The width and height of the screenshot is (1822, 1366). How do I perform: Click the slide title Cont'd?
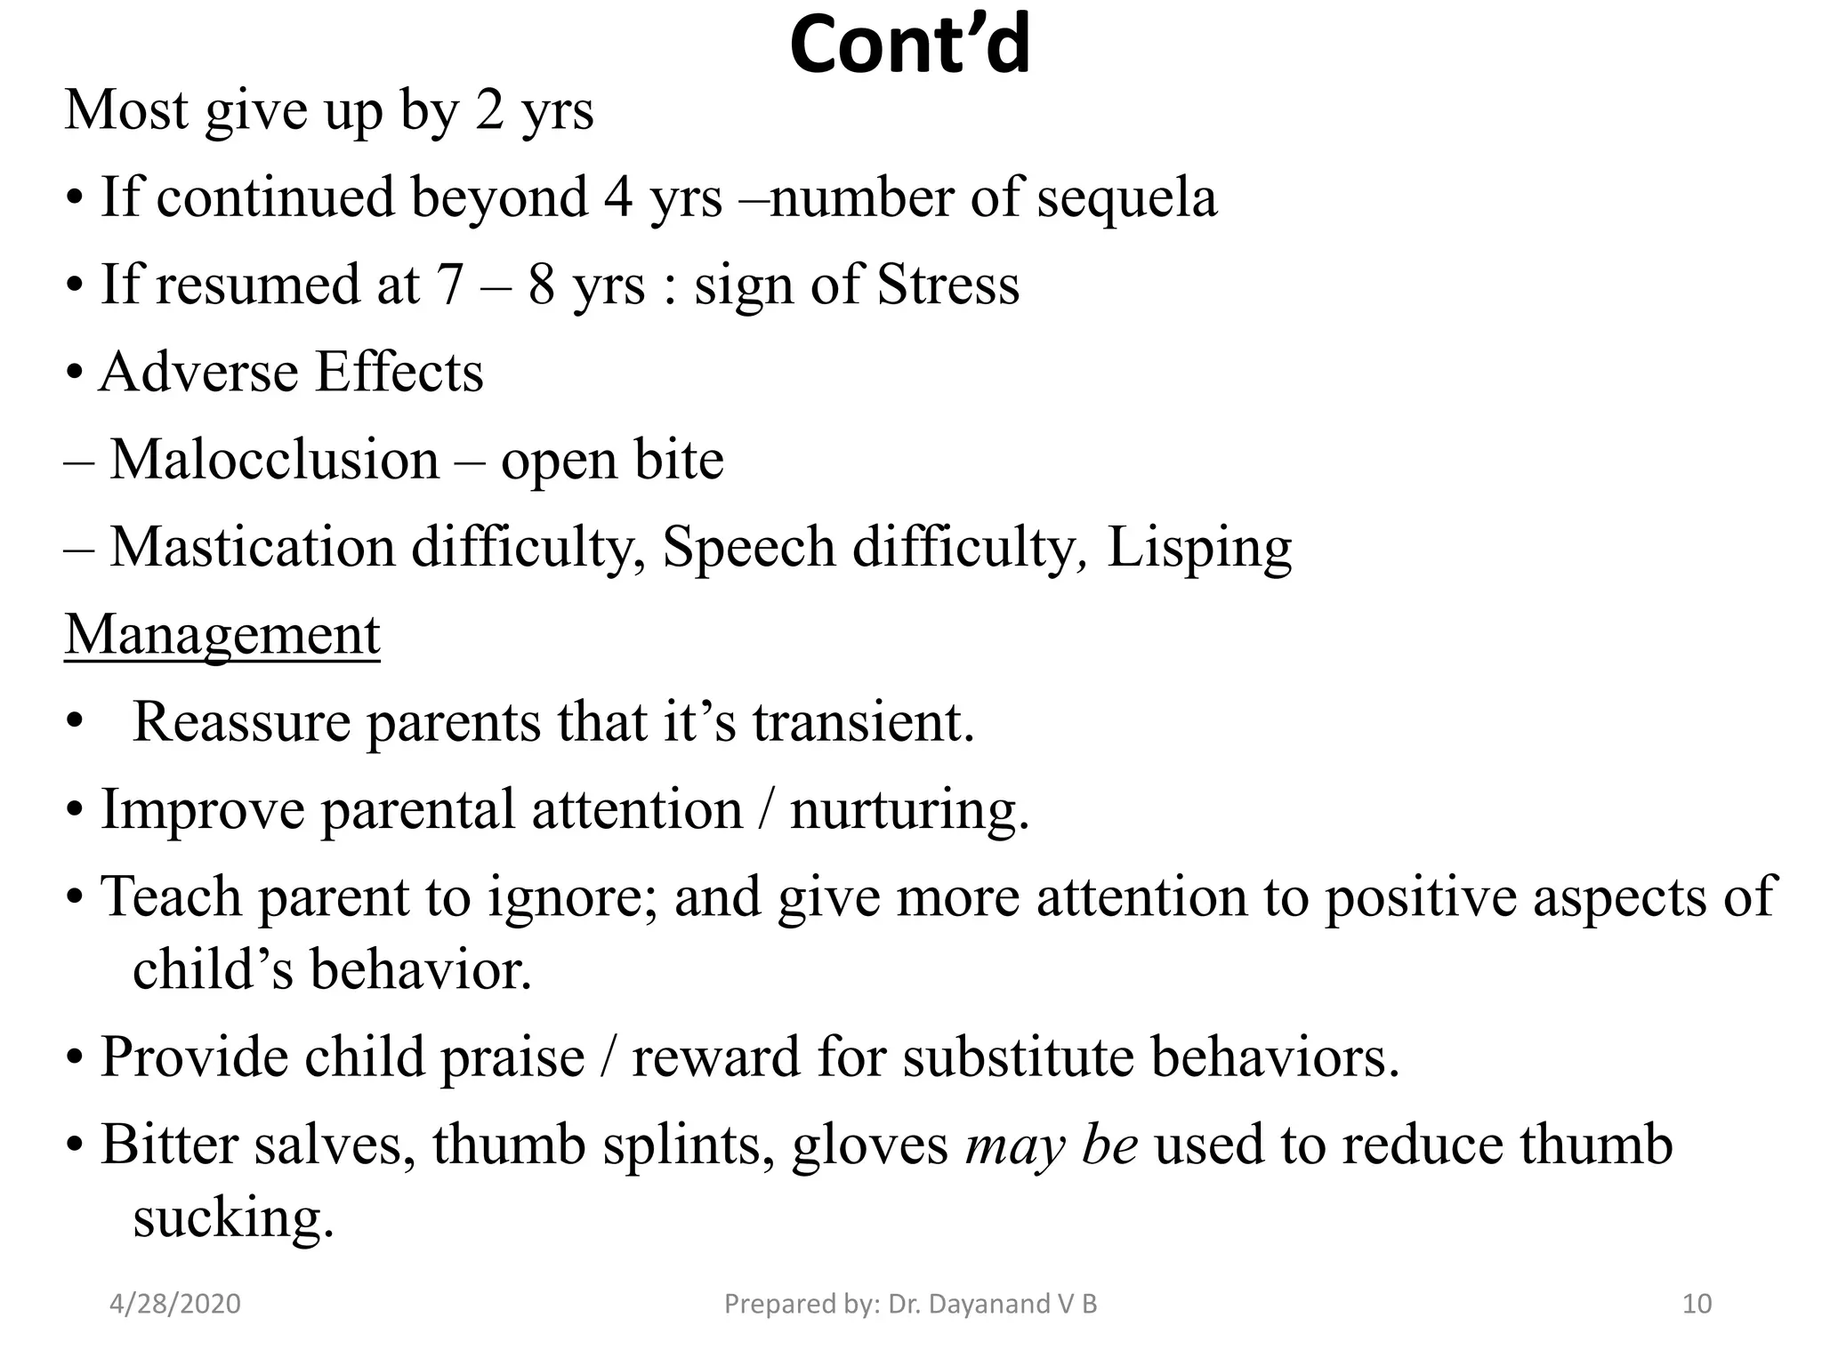click(909, 46)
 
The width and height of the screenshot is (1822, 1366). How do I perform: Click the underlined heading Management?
click(222, 635)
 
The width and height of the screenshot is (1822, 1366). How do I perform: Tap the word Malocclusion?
click(274, 461)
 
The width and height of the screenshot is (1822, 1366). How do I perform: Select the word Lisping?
click(1198, 548)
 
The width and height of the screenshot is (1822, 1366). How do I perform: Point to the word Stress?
click(947, 285)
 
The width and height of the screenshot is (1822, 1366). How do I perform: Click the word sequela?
click(1126, 197)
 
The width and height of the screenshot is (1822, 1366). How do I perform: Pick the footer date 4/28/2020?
click(175, 1304)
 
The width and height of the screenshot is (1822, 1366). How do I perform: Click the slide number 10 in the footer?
click(1697, 1304)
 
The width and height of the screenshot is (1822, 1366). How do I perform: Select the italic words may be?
click(1052, 1145)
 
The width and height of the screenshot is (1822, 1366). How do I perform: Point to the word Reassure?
click(241, 722)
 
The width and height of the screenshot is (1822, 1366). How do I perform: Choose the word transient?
click(863, 722)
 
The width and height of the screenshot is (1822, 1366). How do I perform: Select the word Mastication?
click(252, 548)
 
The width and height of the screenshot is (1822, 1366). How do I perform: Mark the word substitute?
click(1018, 1058)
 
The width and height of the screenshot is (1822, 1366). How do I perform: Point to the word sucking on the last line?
click(233, 1218)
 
